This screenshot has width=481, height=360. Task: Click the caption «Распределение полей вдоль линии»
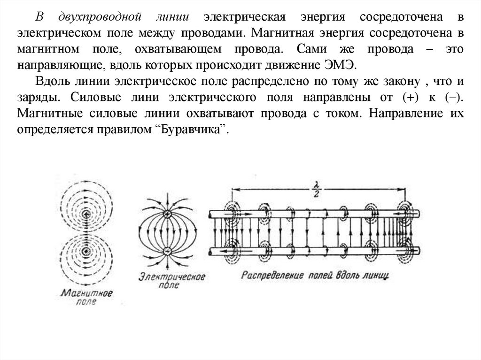tap(315, 275)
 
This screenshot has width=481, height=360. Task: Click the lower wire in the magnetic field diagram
tap(86, 251)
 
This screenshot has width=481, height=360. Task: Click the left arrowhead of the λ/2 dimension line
tap(235, 189)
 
